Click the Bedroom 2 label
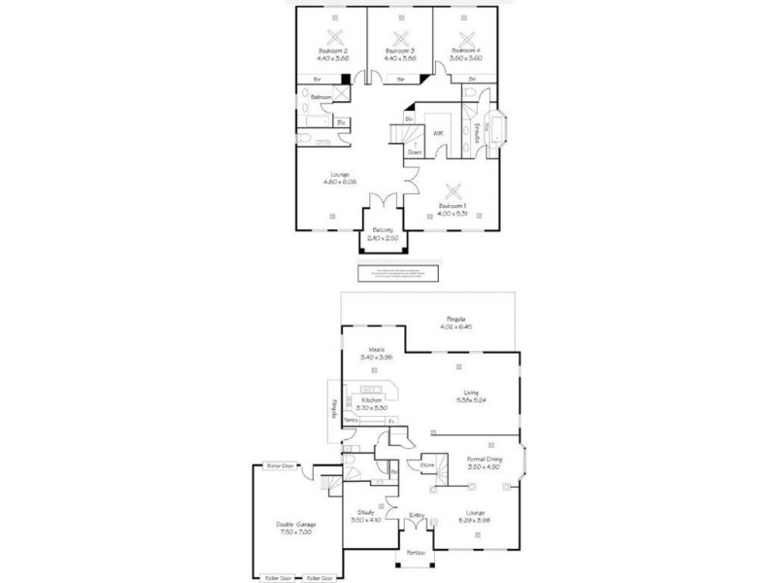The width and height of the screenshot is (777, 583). [333, 50]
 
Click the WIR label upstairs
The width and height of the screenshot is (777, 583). [438, 132]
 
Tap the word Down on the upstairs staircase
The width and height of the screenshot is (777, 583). [415, 153]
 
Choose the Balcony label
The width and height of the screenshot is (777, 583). [383, 229]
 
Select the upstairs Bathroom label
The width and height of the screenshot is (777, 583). [321, 98]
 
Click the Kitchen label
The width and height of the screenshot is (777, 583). [370, 400]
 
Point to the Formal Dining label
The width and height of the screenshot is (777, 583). [483, 458]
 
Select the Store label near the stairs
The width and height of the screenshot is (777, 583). [425, 466]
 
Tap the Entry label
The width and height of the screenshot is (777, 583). [417, 516]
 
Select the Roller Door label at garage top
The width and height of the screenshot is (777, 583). [280, 465]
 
